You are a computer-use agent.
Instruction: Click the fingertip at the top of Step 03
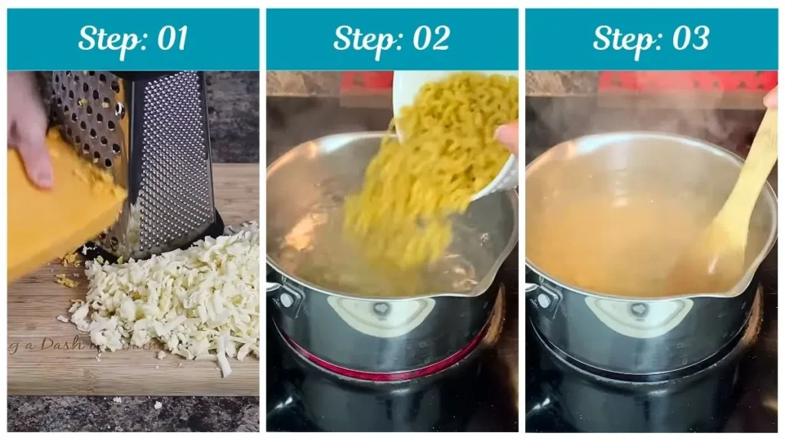pyautogui.click(x=770, y=98)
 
